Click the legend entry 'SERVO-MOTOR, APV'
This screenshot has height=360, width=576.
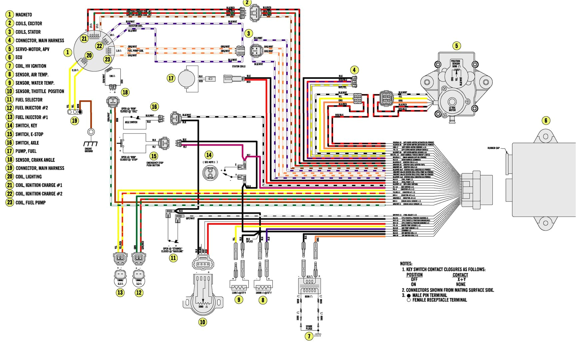[32, 49]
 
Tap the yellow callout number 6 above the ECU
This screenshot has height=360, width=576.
[546, 121]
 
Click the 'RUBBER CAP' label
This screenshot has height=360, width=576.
[493, 148]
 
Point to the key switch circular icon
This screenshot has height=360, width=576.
[210, 173]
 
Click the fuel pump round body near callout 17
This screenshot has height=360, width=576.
[186, 79]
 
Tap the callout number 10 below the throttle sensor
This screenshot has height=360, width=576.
[202, 322]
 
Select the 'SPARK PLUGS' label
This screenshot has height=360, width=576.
[309, 327]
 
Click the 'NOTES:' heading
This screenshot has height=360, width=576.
[406, 263]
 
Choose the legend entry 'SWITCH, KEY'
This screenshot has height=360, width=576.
[26, 126]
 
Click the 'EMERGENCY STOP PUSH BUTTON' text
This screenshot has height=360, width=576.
[155, 164]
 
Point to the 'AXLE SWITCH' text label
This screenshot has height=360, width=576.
[131, 122]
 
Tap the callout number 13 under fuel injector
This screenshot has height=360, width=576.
[120, 293]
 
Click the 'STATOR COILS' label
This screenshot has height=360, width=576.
[239, 66]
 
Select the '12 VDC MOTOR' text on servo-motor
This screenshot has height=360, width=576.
[452, 109]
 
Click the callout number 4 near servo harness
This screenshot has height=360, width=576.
[354, 70]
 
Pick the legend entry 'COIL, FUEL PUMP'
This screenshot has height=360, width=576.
[30, 203]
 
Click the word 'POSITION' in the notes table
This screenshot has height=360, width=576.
[414, 275]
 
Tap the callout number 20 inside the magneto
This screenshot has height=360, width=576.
[89, 55]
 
